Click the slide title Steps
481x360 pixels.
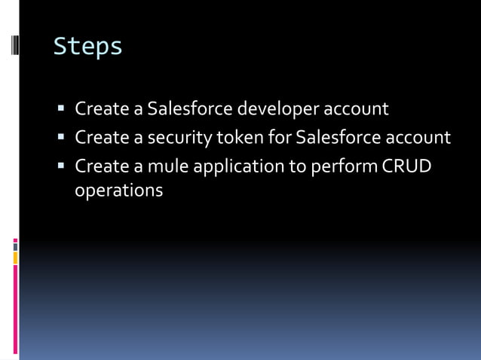coord(87,47)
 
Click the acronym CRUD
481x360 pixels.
coord(407,166)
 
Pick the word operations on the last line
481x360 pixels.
coord(118,191)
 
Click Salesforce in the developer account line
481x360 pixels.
coord(190,109)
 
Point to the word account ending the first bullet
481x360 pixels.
coord(356,109)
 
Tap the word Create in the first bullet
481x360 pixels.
coord(102,109)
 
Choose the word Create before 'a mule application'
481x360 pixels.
coord(102,166)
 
